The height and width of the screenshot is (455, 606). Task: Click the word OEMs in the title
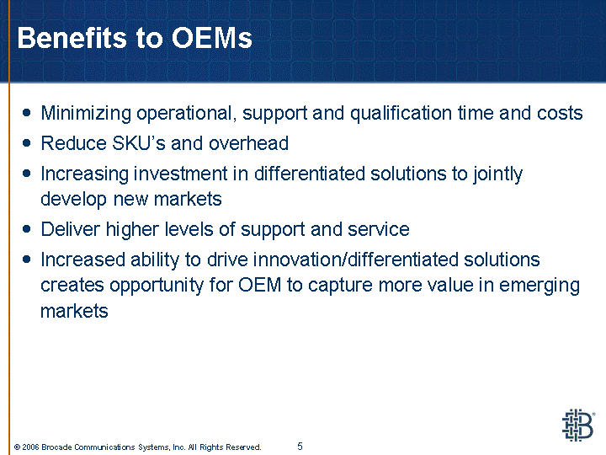(x=212, y=38)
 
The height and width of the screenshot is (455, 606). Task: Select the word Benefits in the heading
(x=72, y=38)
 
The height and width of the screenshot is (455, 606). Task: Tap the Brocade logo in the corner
(x=578, y=426)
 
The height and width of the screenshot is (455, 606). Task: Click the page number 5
(x=300, y=447)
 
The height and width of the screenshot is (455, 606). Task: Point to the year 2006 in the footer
(x=30, y=447)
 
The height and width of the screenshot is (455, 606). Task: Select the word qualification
(x=401, y=114)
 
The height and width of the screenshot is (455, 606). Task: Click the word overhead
(x=248, y=143)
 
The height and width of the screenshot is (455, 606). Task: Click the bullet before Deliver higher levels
(x=26, y=229)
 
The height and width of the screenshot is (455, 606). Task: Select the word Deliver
(x=71, y=229)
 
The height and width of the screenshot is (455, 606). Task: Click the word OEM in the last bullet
(x=260, y=285)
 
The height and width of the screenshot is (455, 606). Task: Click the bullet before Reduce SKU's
(x=26, y=143)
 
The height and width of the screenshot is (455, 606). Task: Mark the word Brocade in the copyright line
(x=56, y=447)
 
